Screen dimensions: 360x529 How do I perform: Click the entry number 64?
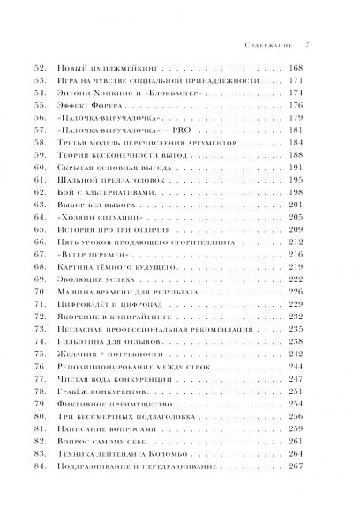pyautogui.click(x=63, y=242)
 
